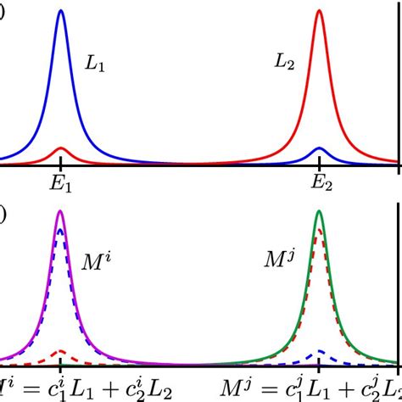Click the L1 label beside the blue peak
(x=94, y=64)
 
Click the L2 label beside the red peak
(x=284, y=62)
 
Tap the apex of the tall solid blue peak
(x=60, y=11)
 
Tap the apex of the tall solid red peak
(x=319, y=11)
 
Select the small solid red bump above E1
(x=60, y=149)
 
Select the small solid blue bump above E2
(x=319, y=149)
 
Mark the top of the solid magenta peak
(x=60, y=212)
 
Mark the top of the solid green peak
(x=319, y=212)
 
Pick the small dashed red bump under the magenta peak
(x=60, y=350)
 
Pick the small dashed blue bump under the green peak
(x=319, y=350)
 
